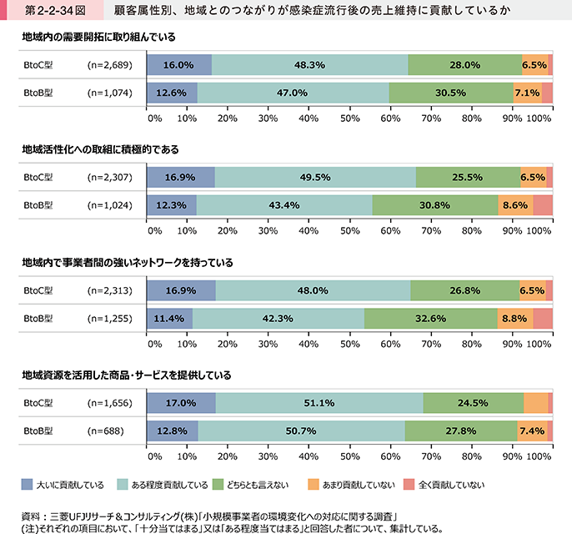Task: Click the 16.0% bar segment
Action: pyautogui.click(x=178, y=65)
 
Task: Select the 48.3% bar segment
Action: pyautogui.click(x=309, y=65)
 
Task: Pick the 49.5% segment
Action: pyautogui.click(x=314, y=177)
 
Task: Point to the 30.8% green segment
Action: pyautogui.click(x=435, y=204)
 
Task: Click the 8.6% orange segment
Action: pyautogui.click(x=515, y=204)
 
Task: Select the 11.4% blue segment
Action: pyautogui.click(x=169, y=318)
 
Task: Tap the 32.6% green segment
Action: pyautogui.click(x=430, y=318)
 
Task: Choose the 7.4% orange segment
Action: pyautogui.click(x=531, y=431)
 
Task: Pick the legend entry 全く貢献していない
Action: pyautogui.click(x=449, y=484)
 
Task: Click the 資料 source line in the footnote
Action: pyautogui.click(x=208, y=514)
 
